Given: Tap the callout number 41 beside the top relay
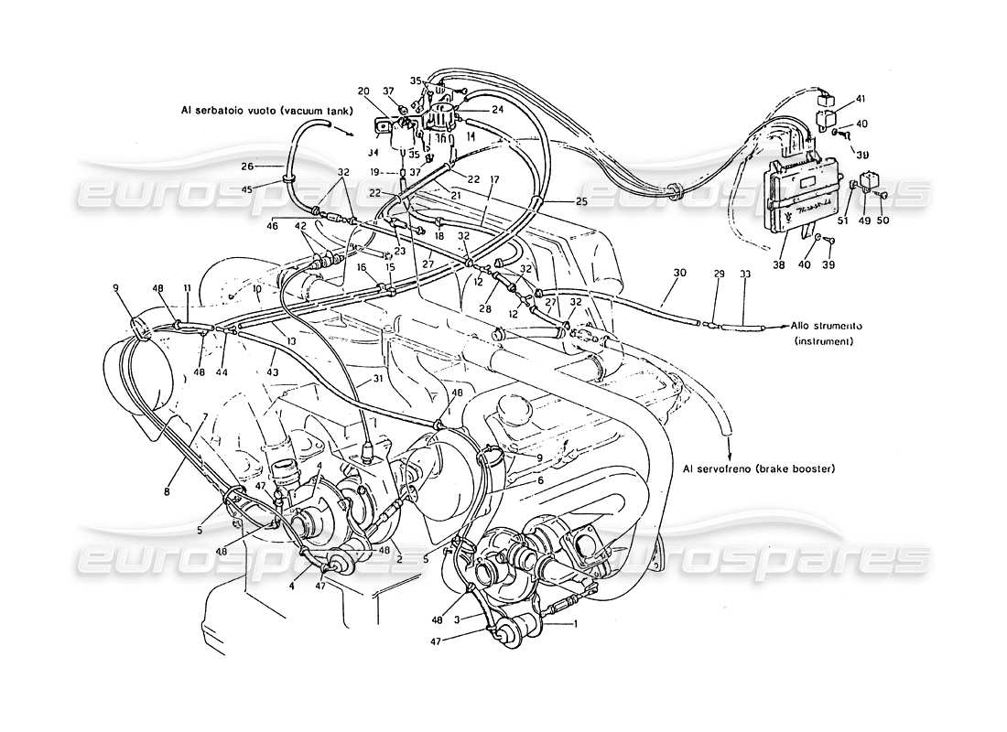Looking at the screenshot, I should [860, 98].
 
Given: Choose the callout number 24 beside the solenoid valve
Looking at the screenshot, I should [498, 110].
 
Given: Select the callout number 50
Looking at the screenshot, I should [883, 219].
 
